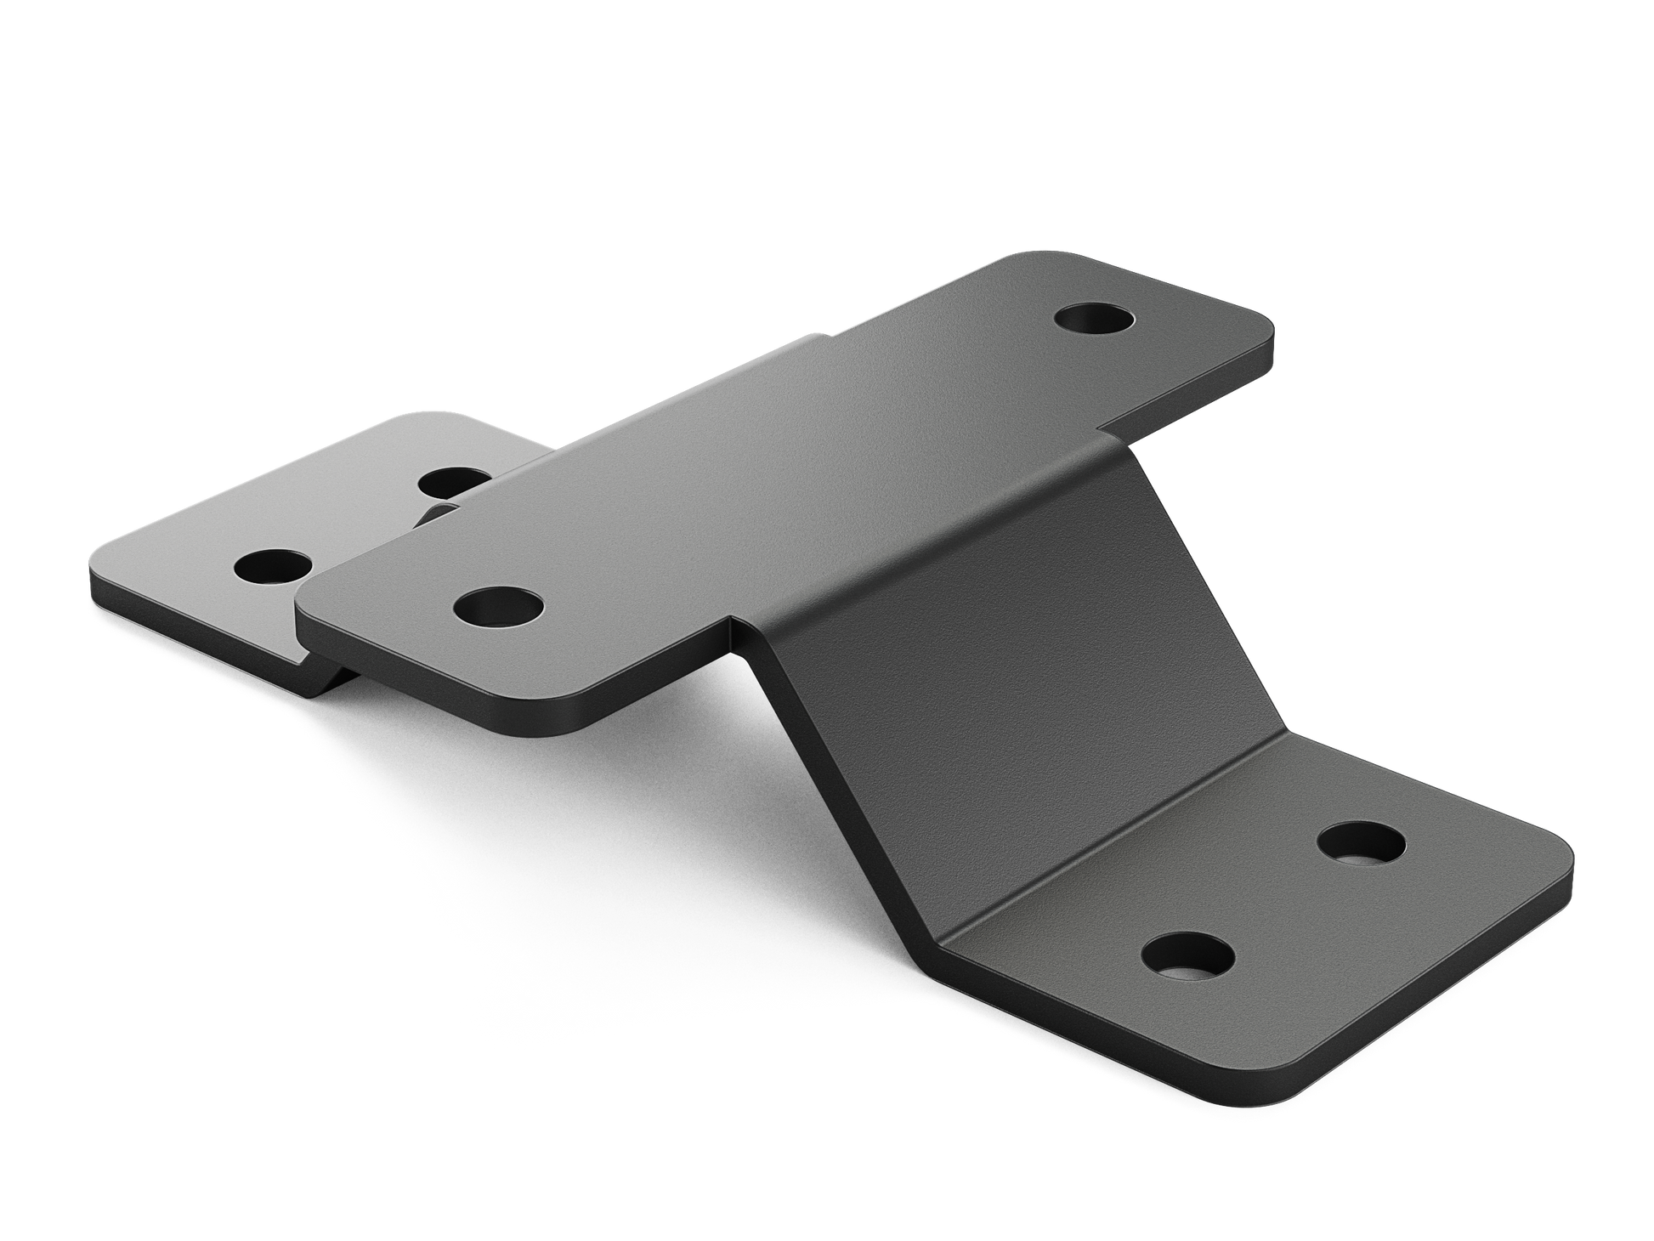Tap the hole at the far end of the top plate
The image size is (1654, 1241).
1094,322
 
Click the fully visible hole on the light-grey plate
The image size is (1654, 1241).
273,565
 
